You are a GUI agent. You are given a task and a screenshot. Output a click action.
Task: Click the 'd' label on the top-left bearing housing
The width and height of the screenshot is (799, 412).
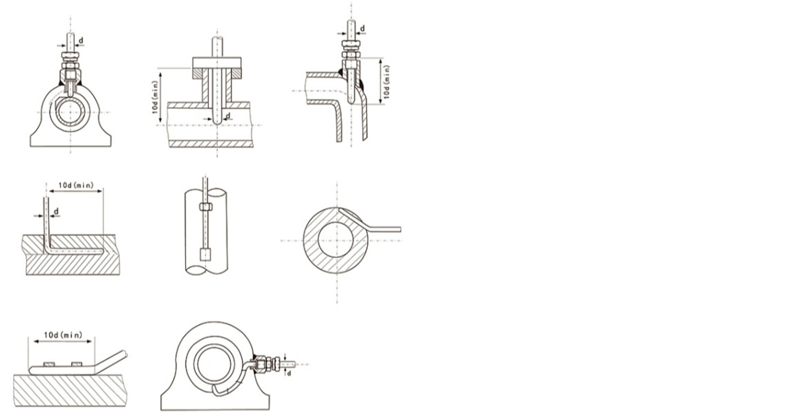pos(81,40)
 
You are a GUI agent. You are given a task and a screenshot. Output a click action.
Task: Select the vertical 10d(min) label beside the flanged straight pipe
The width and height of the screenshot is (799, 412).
pos(154,97)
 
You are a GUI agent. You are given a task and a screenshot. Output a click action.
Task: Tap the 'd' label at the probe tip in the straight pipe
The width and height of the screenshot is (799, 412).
pos(228,115)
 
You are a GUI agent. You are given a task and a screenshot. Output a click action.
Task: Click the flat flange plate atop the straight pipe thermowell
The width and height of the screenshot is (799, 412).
pos(217,63)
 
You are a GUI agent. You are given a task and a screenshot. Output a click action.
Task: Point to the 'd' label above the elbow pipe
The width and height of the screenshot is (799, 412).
pos(362,28)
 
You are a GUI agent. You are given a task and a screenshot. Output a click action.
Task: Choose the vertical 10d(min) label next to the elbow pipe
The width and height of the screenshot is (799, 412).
pos(387,82)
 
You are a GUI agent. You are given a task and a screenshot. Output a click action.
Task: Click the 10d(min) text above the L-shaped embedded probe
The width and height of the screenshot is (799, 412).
pos(76,185)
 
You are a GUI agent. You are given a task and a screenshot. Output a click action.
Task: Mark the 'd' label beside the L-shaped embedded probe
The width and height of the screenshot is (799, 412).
pos(56,211)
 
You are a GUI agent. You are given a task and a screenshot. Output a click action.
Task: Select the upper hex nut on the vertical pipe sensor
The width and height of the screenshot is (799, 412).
pos(205,207)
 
